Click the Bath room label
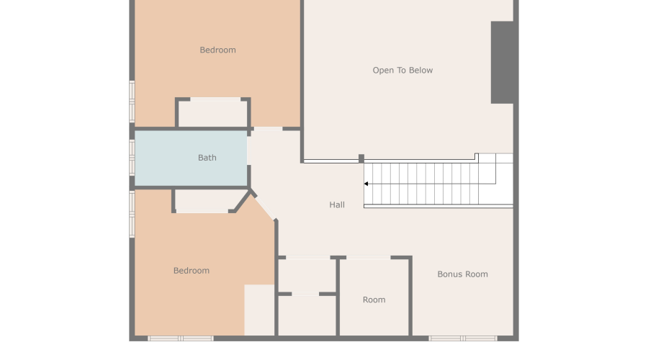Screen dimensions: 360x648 [207, 158]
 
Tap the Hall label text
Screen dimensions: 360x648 [337, 205]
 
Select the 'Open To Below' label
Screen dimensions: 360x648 [402, 71]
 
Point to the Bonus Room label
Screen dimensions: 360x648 [462, 274]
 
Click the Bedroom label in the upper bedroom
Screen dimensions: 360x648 [217, 50]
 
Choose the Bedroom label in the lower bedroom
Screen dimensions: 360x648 [192, 271]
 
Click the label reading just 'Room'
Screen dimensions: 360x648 [374, 300]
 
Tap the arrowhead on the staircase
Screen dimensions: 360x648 [366, 184]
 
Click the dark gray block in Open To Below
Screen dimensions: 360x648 [503, 62]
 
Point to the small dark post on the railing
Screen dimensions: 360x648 [361, 158]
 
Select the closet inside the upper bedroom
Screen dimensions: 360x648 [213, 113]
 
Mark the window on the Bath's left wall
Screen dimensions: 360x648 [132, 157]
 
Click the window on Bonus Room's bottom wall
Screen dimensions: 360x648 [462, 338]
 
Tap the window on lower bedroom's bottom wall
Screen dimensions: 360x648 [180, 338]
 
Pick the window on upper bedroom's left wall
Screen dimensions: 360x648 [132, 101]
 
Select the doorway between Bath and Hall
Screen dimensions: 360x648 [248, 151]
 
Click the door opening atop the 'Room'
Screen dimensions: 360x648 [368, 257]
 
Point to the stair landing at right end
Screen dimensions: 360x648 [496, 180]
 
